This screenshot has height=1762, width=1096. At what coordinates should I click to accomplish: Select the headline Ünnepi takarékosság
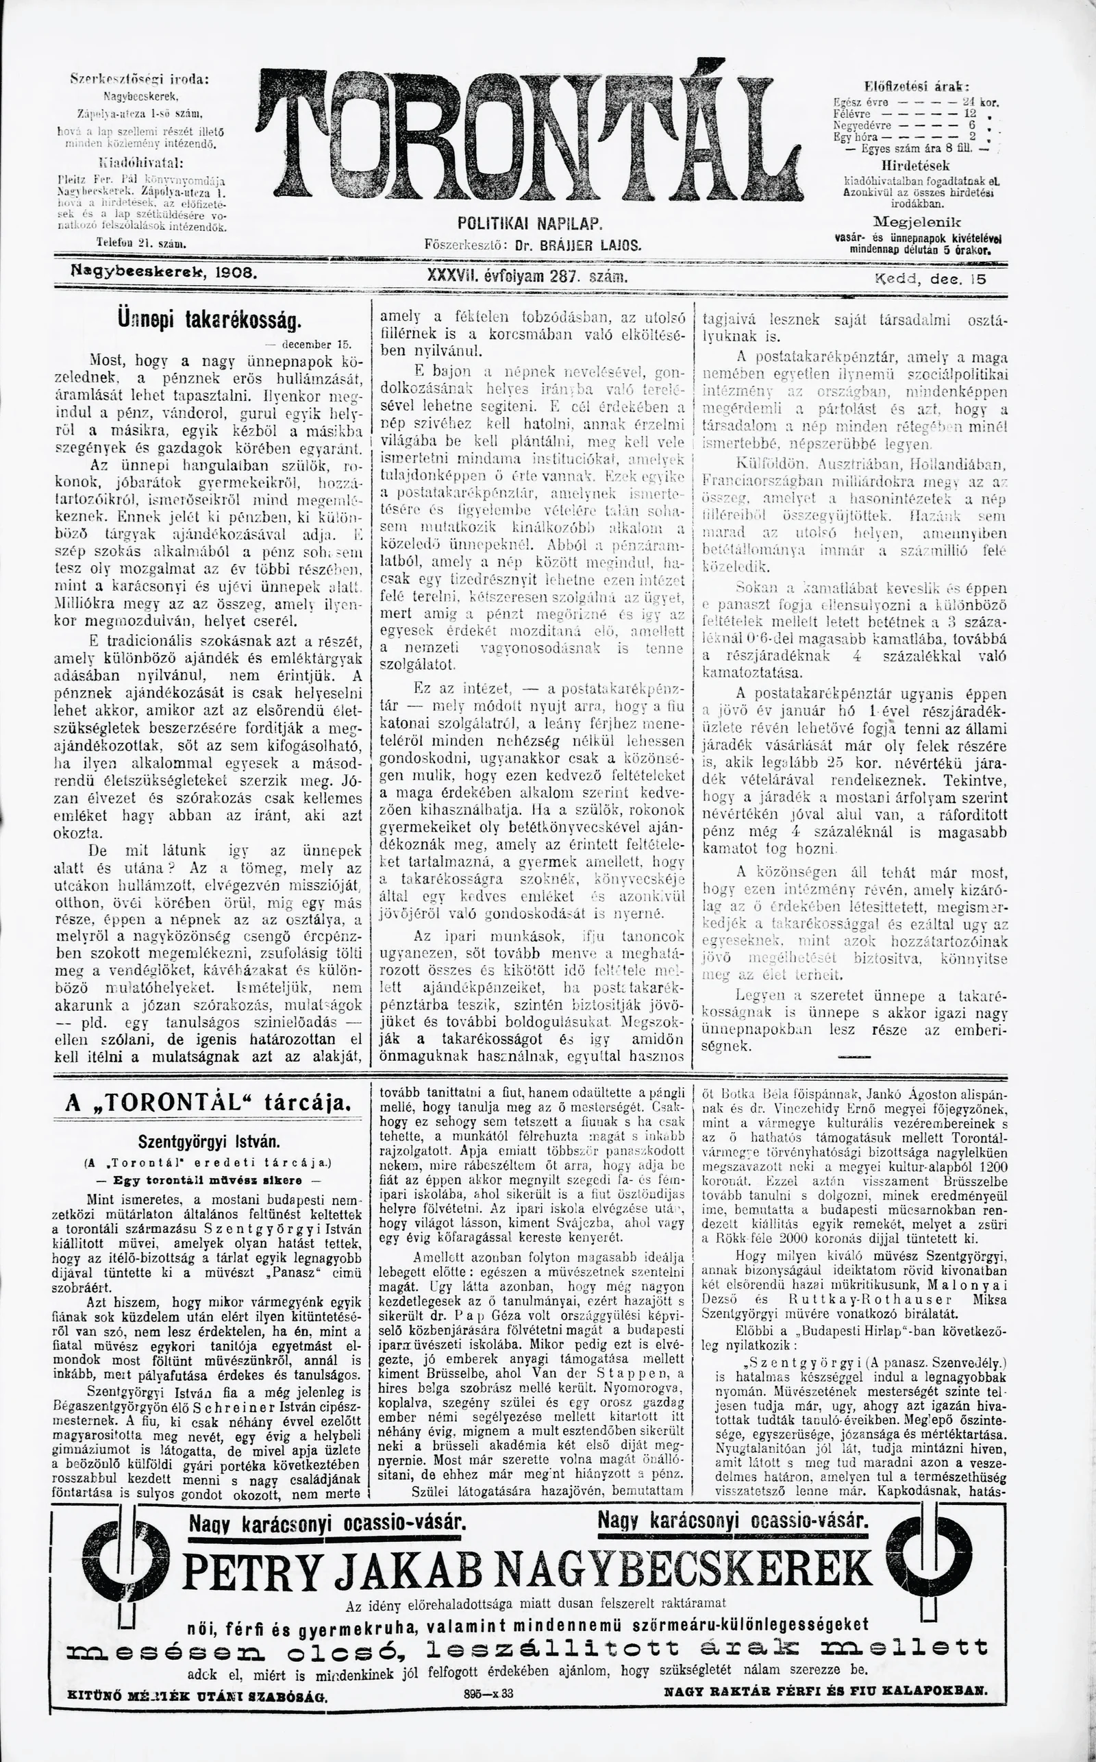coord(210,320)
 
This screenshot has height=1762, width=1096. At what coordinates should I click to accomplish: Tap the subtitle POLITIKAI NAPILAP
coord(531,223)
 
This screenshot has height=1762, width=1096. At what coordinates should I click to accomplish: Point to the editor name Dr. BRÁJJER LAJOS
coord(577,246)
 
